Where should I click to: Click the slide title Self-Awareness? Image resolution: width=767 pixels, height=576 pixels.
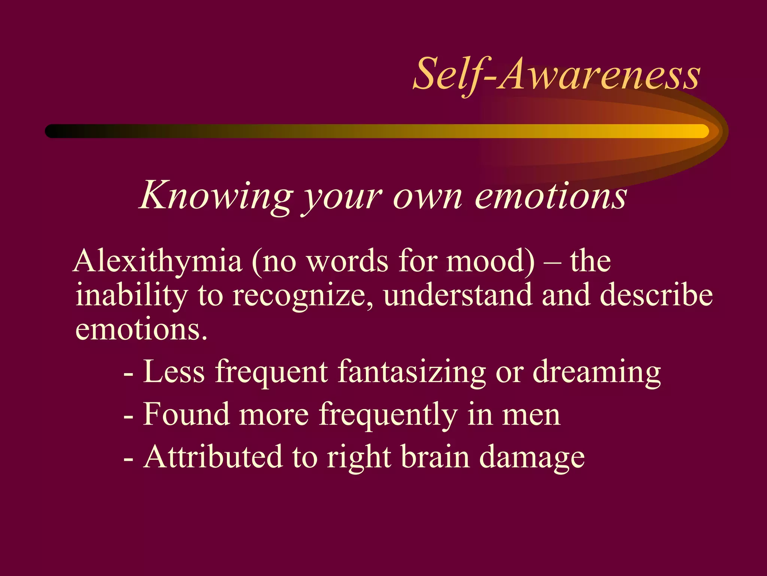(556, 74)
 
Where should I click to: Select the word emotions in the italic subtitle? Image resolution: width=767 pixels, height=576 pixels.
(551, 196)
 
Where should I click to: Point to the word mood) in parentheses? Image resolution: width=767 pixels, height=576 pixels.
(491, 261)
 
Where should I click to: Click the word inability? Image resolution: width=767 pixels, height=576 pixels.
(131, 295)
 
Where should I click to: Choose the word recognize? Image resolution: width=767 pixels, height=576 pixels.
(303, 295)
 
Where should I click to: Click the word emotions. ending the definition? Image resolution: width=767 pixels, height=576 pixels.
(141, 329)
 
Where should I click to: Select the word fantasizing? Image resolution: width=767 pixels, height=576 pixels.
(412, 372)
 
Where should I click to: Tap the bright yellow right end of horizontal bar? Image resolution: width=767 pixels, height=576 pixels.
(697, 131)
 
